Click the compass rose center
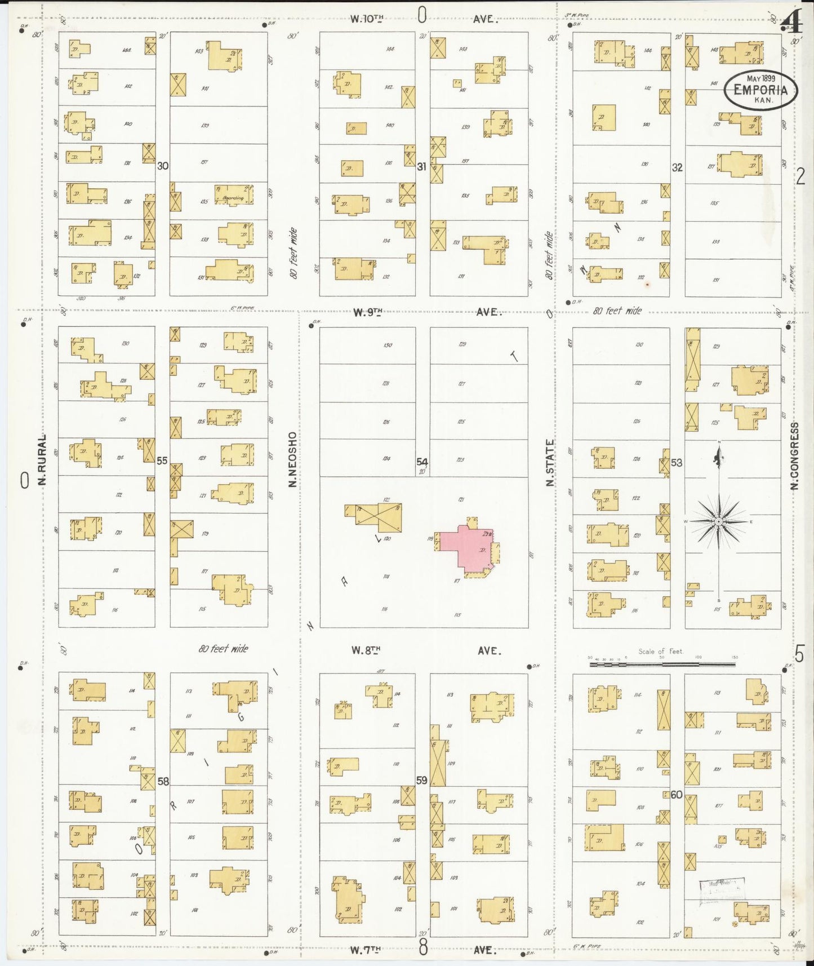click(x=719, y=522)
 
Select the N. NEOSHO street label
click(x=292, y=459)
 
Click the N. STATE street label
click(x=550, y=462)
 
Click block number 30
click(x=163, y=166)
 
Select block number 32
click(x=677, y=167)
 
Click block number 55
click(x=162, y=460)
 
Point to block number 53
click(x=677, y=463)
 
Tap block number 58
click(x=163, y=781)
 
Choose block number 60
click(x=677, y=795)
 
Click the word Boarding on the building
click(x=233, y=198)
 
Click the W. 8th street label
click(x=366, y=650)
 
